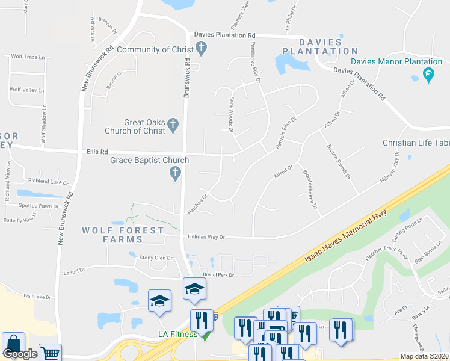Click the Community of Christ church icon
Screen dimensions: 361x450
[x=202, y=49]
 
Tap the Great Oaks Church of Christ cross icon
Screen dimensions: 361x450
[x=173, y=126]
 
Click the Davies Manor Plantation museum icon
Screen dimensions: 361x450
[x=428, y=75]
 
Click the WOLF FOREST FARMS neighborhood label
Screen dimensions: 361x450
[x=123, y=235]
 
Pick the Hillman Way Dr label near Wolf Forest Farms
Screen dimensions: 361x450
[x=205, y=238]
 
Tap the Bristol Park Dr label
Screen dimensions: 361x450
[x=218, y=274]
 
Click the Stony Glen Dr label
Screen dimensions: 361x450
[x=156, y=258]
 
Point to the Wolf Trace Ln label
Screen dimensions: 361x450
[x=28, y=57]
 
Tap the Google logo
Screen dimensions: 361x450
[x=20, y=354]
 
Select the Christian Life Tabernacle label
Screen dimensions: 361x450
[x=416, y=143]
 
